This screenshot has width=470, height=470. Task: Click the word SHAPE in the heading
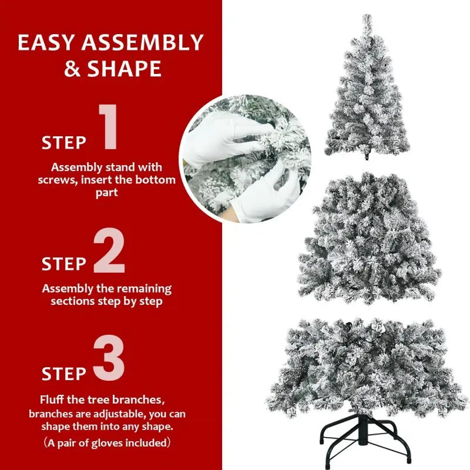tap(125, 69)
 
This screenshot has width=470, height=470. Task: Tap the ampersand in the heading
tap(73, 69)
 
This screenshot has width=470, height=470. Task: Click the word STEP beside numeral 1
tap(64, 143)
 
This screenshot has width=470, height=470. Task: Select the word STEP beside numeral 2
tap(64, 264)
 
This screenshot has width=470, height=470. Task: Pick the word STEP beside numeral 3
tap(64, 374)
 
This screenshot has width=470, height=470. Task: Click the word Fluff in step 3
tap(53, 400)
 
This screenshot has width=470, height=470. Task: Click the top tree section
tap(367, 94)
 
